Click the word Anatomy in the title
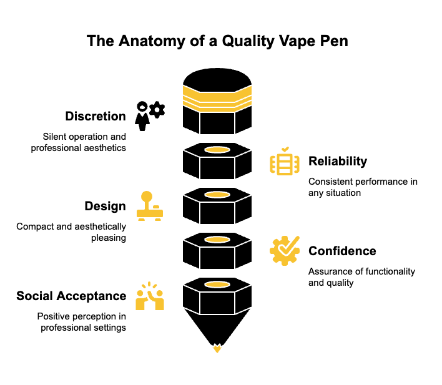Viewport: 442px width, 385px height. [x=152, y=41]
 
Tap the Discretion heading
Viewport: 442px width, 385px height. [x=96, y=116]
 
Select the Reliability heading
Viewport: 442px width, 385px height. [x=338, y=162]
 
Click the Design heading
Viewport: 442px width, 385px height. [x=105, y=207]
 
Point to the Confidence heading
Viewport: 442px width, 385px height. [x=342, y=251]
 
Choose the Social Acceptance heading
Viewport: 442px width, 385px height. [x=71, y=296]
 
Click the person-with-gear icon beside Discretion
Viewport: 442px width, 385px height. [x=150, y=116]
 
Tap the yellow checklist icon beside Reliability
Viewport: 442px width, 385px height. [x=285, y=161]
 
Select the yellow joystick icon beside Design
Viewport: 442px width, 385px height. [x=150, y=206]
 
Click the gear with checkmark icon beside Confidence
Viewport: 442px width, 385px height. [x=285, y=251]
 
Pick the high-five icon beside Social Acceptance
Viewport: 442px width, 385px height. [x=150, y=296]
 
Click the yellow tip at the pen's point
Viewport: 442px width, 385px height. [x=217, y=348]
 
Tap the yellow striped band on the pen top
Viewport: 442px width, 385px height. [x=217, y=99]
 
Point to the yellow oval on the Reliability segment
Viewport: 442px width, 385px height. [x=217, y=150]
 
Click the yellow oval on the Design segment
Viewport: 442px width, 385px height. [x=217, y=195]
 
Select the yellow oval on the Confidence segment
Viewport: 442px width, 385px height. [x=217, y=240]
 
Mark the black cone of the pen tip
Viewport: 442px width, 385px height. [x=217, y=327]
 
